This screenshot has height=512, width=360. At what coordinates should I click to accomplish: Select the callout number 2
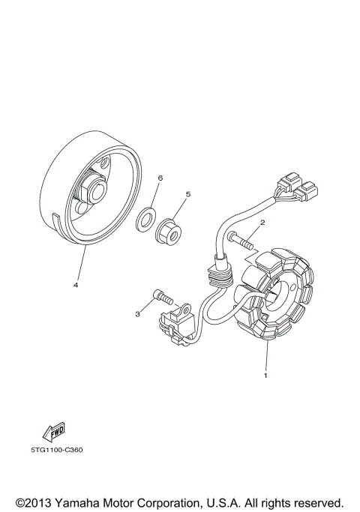coord(262,223)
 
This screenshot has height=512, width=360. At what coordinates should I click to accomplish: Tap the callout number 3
coord(138,314)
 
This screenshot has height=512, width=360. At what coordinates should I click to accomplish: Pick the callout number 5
coord(187,194)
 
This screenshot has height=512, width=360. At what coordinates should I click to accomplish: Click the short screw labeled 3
coord(162,297)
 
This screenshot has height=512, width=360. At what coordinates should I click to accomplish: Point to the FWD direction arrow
coord(54,431)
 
